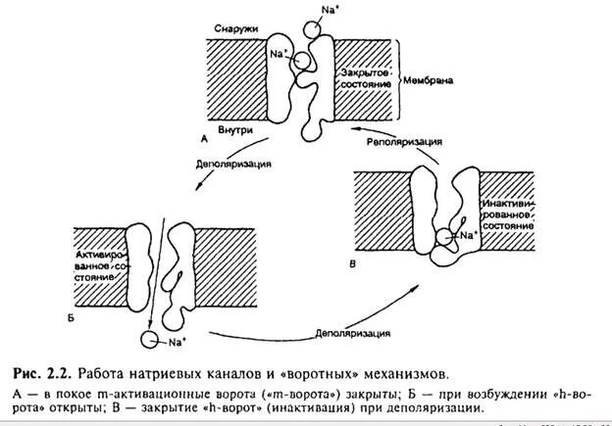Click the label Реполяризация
403,142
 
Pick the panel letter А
205,140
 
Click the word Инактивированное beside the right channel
506,213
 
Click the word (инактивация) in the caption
342,407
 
